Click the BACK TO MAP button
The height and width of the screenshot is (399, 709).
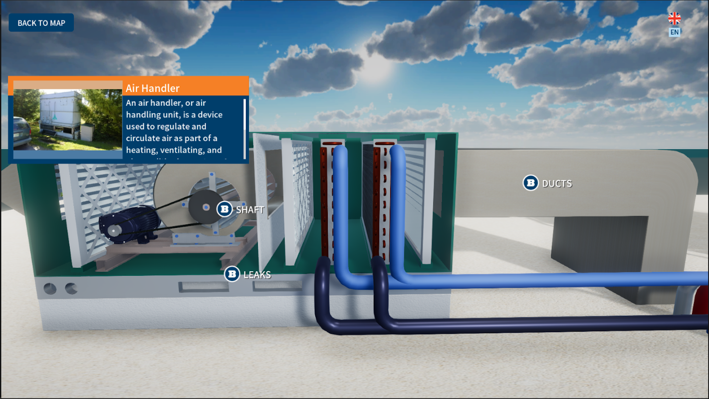click(x=41, y=23)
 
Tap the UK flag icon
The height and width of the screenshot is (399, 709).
click(x=674, y=18)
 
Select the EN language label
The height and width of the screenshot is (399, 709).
click(x=674, y=32)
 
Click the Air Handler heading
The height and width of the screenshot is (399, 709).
click(x=153, y=88)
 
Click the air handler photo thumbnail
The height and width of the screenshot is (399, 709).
click(x=67, y=120)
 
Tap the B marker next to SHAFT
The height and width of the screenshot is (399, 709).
click(x=225, y=209)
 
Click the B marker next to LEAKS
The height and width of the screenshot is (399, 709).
click(x=232, y=274)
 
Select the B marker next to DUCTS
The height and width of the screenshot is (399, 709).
click(x=530, y=183)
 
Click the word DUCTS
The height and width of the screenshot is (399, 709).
click(x=557, y=184)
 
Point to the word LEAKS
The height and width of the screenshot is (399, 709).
click(x=257, y=274)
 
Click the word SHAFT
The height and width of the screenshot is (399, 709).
click(x=250, y=209)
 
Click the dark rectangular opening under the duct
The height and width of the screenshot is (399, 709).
click(x=599, y=244)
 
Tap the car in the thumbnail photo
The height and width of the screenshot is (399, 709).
click(x=21, y=132)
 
